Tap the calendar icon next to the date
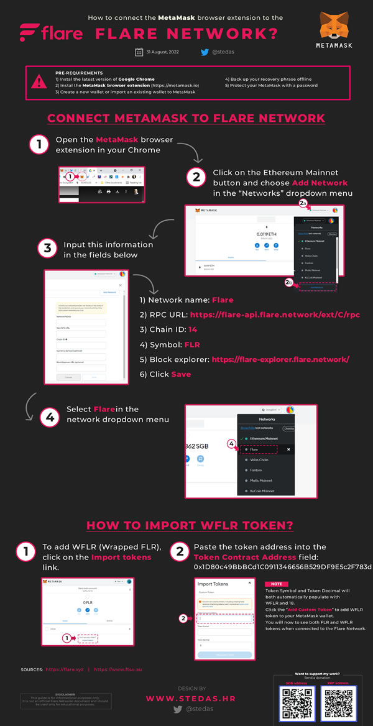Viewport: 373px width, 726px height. tap(139, 52)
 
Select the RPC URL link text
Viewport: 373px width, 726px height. tap(275, 315)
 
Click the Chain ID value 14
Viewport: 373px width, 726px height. tap(192, 329)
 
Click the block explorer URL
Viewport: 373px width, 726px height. tap(280, 359)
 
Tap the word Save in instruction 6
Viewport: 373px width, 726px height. tap(181, 374)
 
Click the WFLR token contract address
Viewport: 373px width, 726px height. tap(282, 567)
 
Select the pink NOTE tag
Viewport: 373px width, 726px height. tap(275, 584)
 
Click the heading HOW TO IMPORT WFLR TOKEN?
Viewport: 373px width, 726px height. tap(190, 525)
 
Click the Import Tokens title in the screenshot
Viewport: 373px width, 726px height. tap(213, 584)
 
